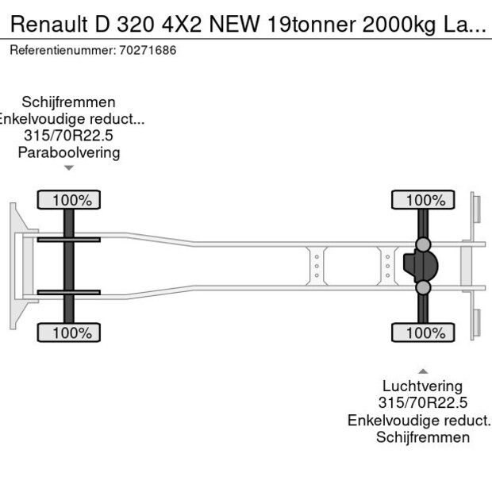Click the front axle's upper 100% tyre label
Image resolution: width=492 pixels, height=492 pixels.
click(69, 200)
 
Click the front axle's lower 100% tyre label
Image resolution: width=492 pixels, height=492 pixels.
click(69, 332)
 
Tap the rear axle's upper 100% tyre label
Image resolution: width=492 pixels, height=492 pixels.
click(423, 200)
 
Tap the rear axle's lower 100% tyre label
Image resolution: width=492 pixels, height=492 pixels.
click(423, 332)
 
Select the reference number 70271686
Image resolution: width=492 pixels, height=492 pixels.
click(148, 50)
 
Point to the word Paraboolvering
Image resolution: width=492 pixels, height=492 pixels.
click(69, 152)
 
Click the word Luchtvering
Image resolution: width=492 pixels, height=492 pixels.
click(423, 387)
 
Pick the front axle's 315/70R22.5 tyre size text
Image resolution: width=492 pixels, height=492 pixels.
click(69, 136)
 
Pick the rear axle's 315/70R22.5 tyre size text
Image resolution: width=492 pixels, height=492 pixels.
click(423, 404)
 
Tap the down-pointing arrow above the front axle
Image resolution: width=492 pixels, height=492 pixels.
click(69, 167)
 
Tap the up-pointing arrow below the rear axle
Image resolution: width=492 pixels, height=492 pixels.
click(423, 371)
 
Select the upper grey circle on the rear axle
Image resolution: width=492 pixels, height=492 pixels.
click(424, 244)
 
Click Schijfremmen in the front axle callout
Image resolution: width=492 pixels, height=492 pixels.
click(69, 102)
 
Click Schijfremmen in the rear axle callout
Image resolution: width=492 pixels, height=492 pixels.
click(423, 437)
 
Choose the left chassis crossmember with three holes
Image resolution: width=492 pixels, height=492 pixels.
click(317, 266)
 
